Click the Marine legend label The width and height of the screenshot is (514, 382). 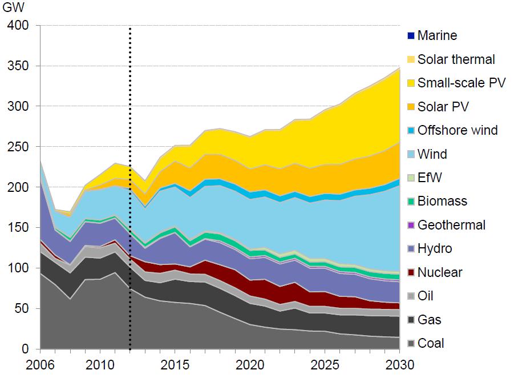(x=437, y=35)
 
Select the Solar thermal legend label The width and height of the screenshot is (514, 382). (x=456, y=59)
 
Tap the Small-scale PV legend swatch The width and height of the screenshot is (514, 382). (x=411, y=83)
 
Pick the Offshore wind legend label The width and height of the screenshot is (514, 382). (x=458, y=130)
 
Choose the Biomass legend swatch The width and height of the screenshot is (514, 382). (x=411, y=201)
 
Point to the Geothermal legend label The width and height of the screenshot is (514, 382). (x=451, y=225)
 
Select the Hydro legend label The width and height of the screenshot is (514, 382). (x=435, y=248)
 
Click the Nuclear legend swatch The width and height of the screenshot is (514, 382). (x=411, y=272)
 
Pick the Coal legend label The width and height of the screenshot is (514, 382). (x=431, y=343)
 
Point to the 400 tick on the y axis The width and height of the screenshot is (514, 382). (x=20, y=26)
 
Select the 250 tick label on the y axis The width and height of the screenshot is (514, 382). (x=20, y=147)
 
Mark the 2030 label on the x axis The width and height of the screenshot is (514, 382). (x=399, y=364)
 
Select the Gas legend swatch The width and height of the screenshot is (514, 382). (x=411, y=320)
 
